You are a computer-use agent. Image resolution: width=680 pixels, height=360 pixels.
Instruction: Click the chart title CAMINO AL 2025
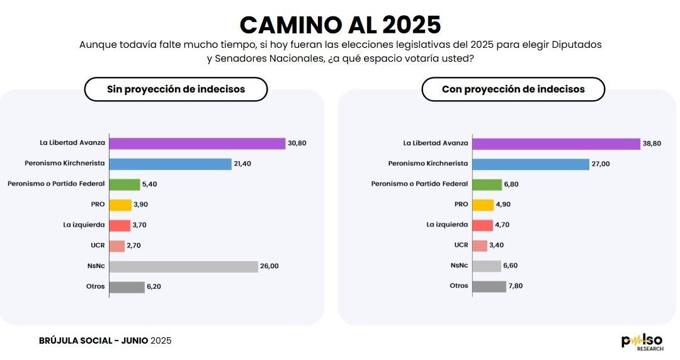[x=340, y=24]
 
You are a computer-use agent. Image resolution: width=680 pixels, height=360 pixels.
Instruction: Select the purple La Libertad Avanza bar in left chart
[x=197, y=143]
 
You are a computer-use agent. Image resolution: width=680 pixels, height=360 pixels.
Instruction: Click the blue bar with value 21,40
[x=171, y=164]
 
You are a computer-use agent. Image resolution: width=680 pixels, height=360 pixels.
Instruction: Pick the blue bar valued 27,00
[x=530, y=164]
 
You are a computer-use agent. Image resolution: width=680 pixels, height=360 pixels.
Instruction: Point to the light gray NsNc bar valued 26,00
[x=184, y=266]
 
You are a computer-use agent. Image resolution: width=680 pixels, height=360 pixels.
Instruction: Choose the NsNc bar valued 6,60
[x=486, y=266]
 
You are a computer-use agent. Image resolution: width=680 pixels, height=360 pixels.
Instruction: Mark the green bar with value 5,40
[x=125, y=184]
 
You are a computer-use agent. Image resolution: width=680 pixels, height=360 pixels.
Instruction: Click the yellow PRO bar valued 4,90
[x=483, y=205]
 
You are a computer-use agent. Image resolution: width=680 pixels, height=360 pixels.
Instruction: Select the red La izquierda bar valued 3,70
[x=120, y=225]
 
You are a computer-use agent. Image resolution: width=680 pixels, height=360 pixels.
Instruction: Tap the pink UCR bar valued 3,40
[x=480, y=245]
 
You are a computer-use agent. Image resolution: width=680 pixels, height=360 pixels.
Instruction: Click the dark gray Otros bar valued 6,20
[x=127, y=287]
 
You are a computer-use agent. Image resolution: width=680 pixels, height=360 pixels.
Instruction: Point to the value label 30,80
[x=298, y=143]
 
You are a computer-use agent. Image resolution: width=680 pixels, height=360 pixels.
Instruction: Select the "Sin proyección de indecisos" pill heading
[x=176, y=89]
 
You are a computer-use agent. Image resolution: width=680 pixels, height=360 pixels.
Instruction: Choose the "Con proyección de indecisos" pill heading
[x=513, y=89]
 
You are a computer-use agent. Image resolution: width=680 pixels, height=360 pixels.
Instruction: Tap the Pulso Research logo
[x=642, y=342]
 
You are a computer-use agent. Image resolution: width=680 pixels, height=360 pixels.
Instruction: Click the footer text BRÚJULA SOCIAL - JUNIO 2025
[x=105, y=340]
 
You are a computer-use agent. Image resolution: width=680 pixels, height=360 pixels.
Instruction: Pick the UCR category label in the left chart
[x=98, y=245]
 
